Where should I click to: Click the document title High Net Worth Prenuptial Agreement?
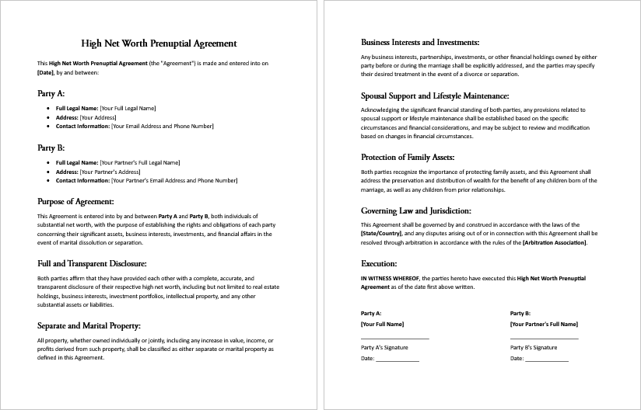[x=159, y=43]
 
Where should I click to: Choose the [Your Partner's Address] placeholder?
[x=110, y=172]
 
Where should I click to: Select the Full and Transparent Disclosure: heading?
[x=92, y=263]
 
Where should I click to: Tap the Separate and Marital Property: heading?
[x=89, y=325]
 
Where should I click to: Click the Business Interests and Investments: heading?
[x=420, y=42]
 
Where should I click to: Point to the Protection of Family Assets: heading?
[x=408, y=157]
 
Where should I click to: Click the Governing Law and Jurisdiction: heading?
[x=416, y=210]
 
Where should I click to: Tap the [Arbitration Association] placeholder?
[x=555, y=242]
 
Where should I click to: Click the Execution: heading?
[x=380, y=263]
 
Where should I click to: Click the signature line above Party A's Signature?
[x=394, y=338]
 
